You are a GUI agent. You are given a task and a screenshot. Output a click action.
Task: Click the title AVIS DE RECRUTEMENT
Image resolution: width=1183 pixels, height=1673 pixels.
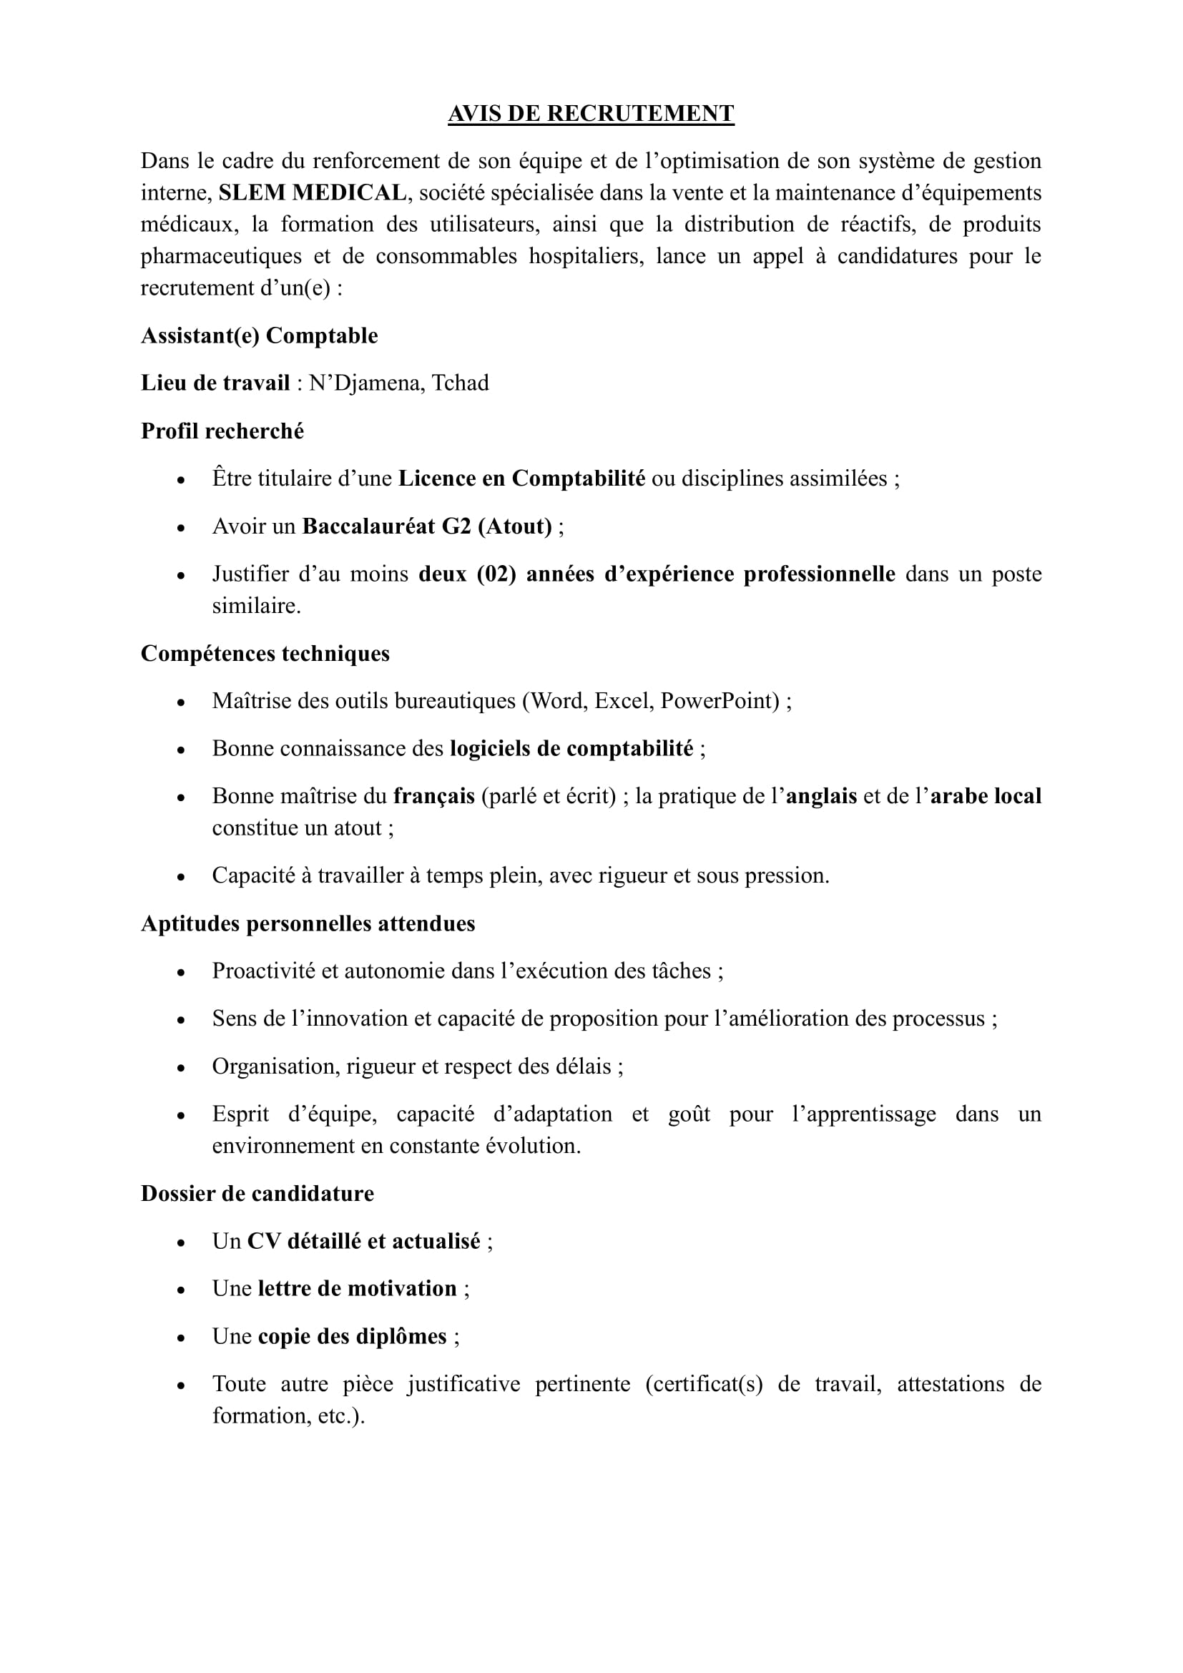(x=591, y=114)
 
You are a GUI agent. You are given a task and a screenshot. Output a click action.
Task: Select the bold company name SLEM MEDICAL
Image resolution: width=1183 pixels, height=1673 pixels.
(x=313, y=192)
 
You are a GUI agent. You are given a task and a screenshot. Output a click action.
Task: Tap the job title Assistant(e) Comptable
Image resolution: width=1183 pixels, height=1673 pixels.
(x=260, y=335)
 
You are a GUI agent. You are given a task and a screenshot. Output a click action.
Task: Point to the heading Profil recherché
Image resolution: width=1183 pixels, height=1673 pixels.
(x=222, y=431)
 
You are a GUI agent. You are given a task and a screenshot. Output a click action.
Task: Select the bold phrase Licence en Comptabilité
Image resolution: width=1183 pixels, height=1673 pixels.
(x=521, y=478)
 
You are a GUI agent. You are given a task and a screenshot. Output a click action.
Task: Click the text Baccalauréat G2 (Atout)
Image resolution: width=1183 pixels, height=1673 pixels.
(x=428, y=526)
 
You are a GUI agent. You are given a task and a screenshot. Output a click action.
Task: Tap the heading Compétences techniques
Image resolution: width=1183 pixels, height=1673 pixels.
(x=265, y=653)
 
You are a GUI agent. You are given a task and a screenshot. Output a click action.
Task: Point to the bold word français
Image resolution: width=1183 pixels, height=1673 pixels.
(x=434, y=795)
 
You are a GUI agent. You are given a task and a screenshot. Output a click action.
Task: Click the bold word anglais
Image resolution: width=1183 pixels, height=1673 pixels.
(x=821, y=795)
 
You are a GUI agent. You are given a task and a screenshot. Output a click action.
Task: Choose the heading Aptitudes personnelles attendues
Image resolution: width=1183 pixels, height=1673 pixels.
(x=308, y=923)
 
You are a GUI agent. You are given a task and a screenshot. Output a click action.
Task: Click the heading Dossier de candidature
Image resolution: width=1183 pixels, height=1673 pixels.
(x=257, y=1193)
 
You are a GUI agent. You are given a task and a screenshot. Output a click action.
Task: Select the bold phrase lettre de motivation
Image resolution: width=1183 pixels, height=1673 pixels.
(x=358, y=1288)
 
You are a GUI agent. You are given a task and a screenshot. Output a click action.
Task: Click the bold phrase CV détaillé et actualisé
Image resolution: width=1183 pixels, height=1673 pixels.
(x=363, y=1241)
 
